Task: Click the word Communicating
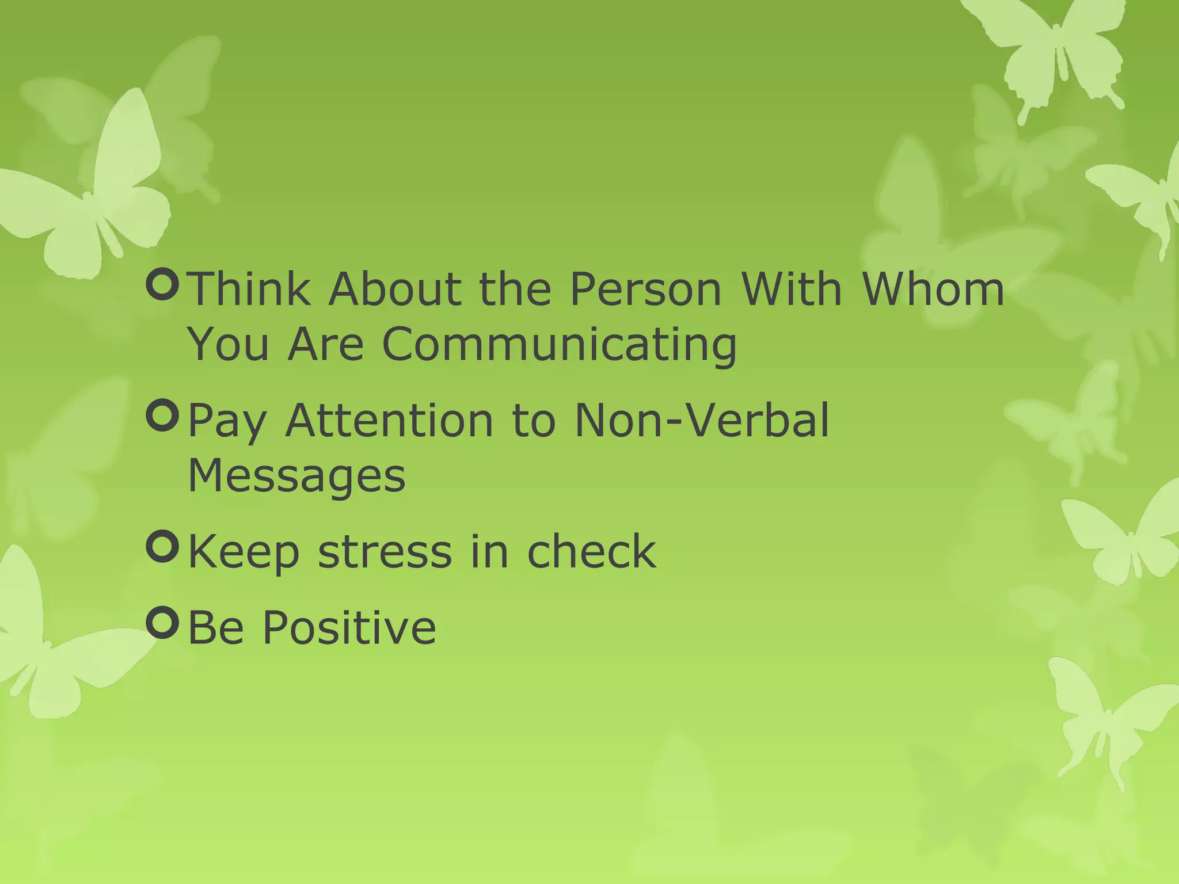[x=559, y=344]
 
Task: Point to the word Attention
[x=389, y=420]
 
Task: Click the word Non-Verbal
[x=702, y=420]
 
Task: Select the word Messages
[x=296, y=477]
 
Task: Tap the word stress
[x=385, y=551]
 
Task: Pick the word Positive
[x=349, y=627]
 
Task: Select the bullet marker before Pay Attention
[x=163, y=416]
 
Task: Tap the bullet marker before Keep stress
[x=163, y=547]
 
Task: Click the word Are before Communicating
[x=325, y=344]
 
